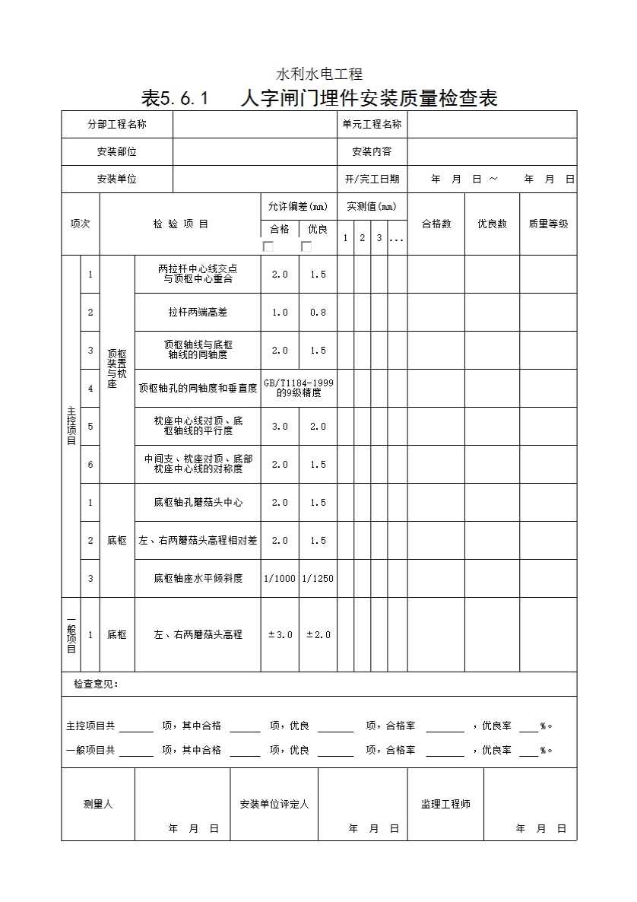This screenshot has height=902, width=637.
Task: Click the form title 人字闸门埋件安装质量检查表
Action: coord(369,98)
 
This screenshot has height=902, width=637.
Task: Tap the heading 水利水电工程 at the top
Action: coord(318,74)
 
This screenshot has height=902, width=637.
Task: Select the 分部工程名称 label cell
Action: coord(117,124)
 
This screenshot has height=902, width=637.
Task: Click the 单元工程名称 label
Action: coord(372,124)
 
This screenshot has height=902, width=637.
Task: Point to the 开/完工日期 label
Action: coord(372,179)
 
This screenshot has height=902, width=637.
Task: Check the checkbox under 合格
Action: coord(268,246)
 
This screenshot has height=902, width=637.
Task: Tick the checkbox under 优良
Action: coord(306,246)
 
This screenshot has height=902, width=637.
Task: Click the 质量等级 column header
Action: coord(548,224)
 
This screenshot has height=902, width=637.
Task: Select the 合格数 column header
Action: coord(436,224)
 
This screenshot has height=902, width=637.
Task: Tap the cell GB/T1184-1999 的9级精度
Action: coord(299,388)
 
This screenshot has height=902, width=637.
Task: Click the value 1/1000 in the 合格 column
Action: coord(280,578)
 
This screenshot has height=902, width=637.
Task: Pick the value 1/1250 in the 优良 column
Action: coord(318,578)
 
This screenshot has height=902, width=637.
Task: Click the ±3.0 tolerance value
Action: coord(280,634)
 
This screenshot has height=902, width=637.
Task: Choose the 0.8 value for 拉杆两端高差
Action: coord(318,312)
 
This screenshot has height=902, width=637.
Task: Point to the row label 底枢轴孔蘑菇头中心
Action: coord(198,502)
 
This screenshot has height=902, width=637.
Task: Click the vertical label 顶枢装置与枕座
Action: coord(117,369)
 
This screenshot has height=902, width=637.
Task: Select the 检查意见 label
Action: coord(96,684)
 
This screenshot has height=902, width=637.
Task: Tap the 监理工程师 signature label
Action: coord(445,804)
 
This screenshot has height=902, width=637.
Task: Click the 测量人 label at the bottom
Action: coord(98,804)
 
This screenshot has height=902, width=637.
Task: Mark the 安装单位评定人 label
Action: coord(274,804)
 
